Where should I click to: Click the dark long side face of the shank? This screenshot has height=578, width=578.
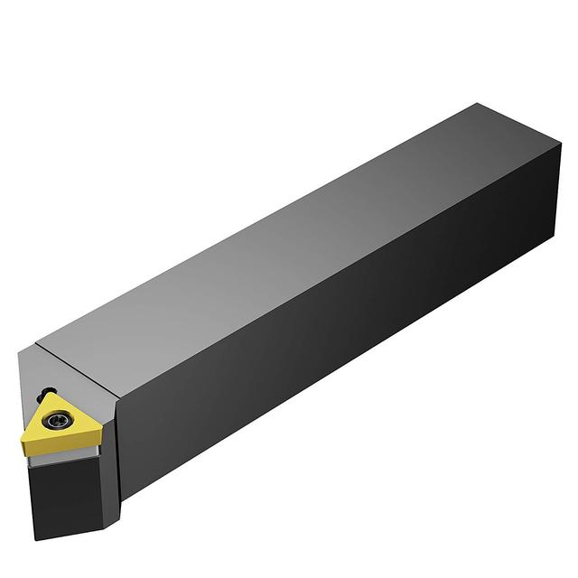[x=361, y=343]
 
